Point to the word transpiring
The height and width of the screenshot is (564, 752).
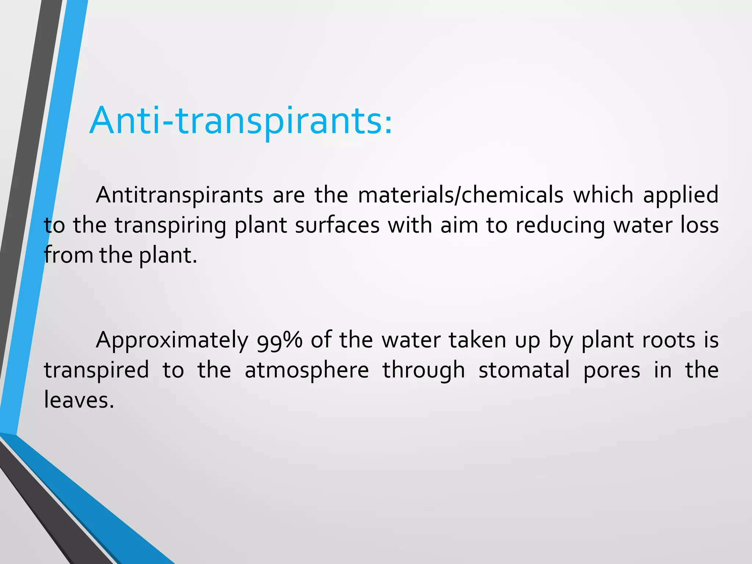(x=170, y=225)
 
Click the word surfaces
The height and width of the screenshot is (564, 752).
(x=337, y=225)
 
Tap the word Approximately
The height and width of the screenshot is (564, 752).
(x=172, y=340)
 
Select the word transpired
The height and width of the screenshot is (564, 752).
(x=97, y=370)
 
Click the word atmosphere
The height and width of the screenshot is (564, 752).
(x=307, y=370)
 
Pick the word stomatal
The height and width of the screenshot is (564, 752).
(x=524, y=370)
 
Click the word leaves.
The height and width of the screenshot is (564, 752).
(x=79, y=400)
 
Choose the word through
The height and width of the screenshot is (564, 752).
(x=424, y=370)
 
